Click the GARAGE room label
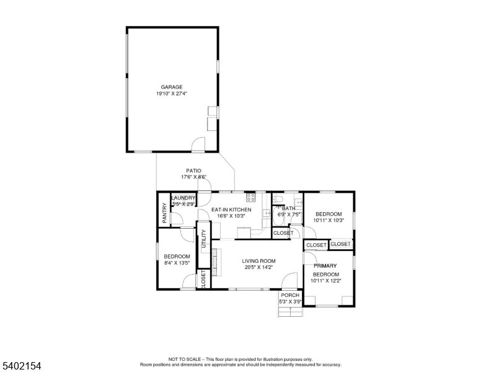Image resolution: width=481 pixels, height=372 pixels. [172, 87]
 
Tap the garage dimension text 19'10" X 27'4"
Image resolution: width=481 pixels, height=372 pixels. [172, 94]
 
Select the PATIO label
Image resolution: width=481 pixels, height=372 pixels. [193, 170]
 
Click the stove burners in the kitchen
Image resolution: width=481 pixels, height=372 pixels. [251, 197]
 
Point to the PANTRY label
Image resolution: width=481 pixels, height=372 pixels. [164, 213]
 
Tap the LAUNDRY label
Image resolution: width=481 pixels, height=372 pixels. [183, 198]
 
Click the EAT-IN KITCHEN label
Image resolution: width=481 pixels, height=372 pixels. [231, 210]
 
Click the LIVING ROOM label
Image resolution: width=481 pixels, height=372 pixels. [258, 261]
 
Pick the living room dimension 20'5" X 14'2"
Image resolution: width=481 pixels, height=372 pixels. [258, 268]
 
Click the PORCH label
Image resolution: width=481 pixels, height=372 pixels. [290, 295]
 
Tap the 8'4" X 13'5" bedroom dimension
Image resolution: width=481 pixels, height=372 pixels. [177, 263]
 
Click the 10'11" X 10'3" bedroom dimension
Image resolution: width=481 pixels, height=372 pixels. [329, 220]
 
